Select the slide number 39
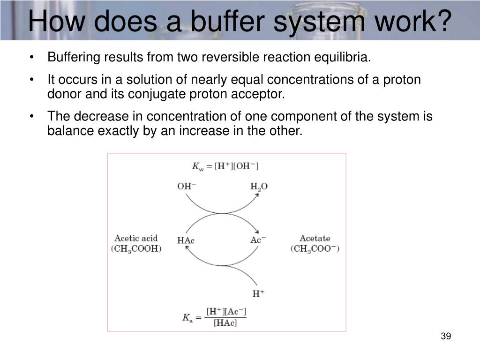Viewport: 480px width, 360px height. [445, 337]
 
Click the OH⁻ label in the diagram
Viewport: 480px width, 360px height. [187, 186]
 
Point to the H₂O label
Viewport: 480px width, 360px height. [259, 187]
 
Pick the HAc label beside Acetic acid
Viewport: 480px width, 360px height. [186, 240]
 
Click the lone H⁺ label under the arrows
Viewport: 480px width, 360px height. [258, 294]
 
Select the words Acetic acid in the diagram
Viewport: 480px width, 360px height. [136, 238]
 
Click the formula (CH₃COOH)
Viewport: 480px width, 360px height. [136, 249]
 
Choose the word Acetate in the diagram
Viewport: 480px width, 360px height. [315, 238]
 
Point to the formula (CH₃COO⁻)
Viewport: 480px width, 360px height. [315, 249]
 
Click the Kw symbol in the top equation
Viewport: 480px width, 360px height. [198, 166]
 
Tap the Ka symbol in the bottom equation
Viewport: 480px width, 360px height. [187, 317]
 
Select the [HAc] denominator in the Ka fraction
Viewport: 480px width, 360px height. [225, 323]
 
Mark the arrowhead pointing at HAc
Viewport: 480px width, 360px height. [187, 248]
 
